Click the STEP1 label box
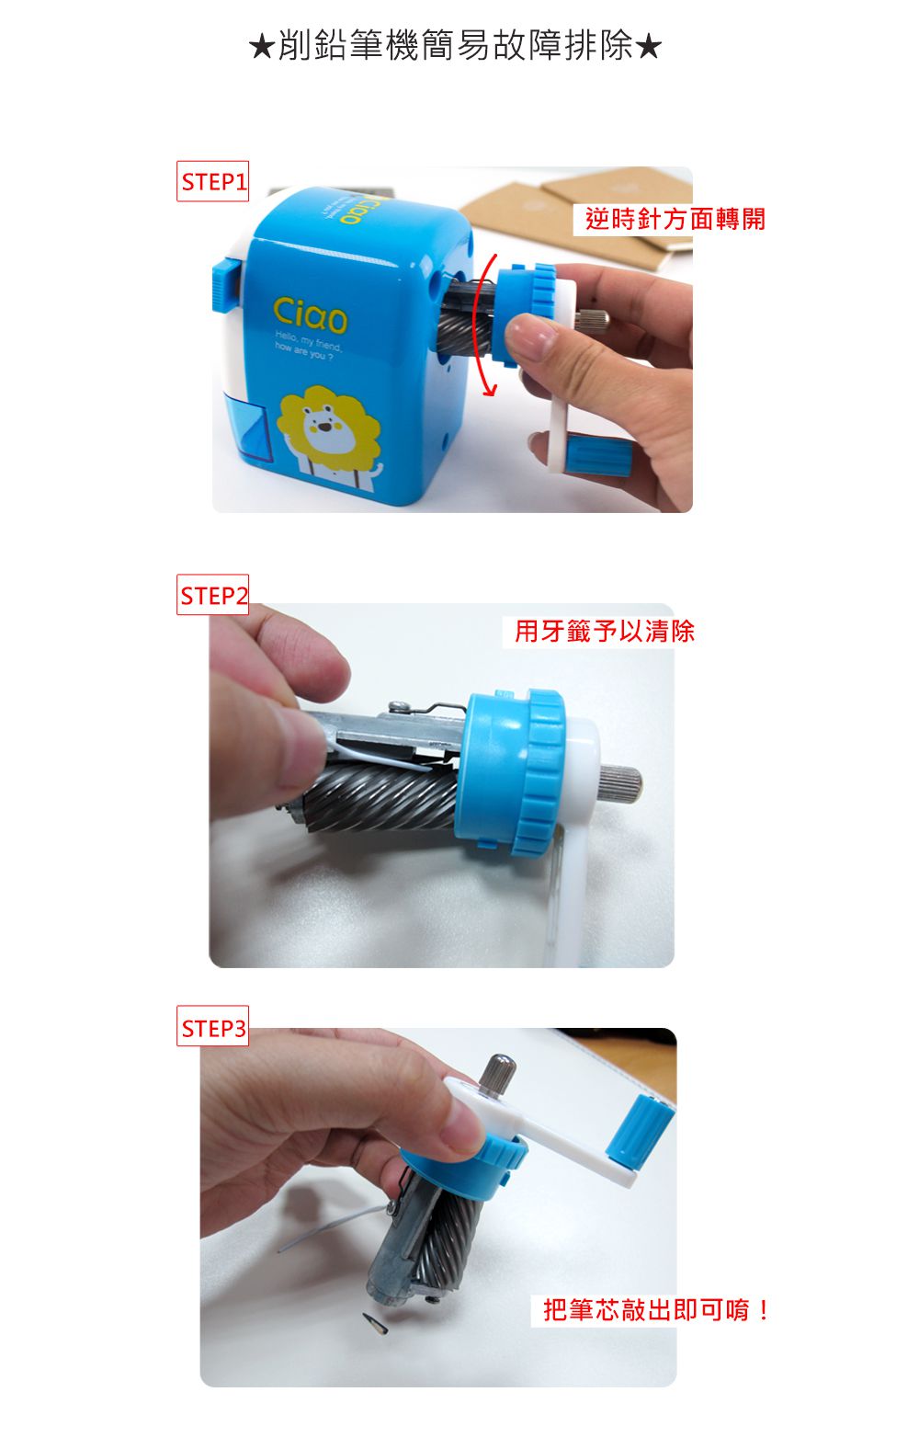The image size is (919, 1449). click(212, 182)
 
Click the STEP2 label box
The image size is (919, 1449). click(212, 596)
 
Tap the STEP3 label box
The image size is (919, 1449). click(213, 1028)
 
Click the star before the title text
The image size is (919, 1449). click(261, 46)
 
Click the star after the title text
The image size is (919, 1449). click(649, 46)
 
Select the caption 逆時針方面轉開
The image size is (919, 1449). click(675, 219)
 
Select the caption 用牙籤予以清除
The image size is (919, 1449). click(604, 632)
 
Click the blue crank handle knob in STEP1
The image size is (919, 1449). click(597, 457)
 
